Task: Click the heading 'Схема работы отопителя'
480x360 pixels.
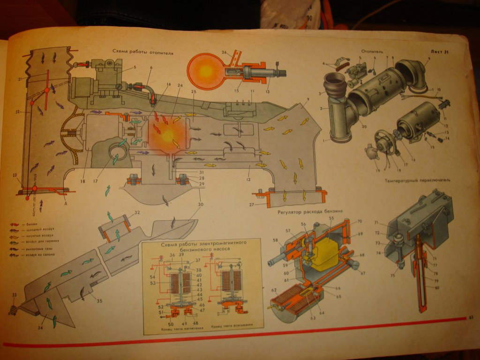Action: pyautogui.click(x=143, y=53)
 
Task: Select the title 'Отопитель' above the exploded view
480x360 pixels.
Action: pyautogui.click(x=373, y=50)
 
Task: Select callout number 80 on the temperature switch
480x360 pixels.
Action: pyautogui.click(x=436, y=287)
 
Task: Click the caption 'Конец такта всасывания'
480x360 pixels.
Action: pyautogui.click(x=231, y=325)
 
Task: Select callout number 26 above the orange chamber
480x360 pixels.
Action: pyautogui.click(x=224, y=52)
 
